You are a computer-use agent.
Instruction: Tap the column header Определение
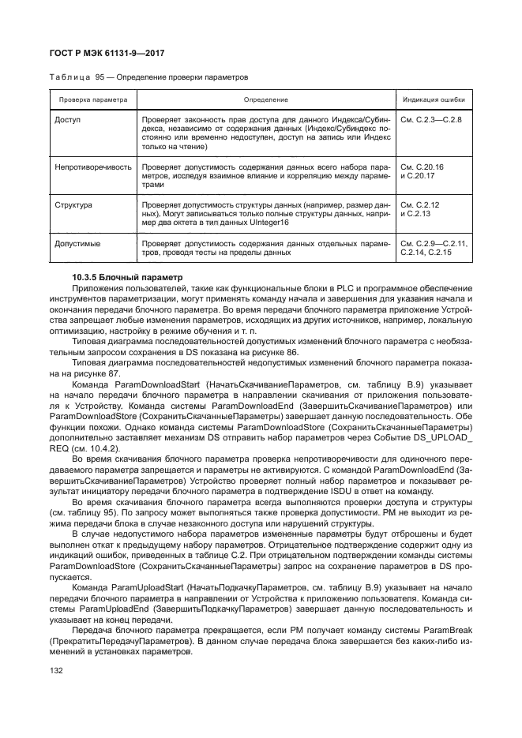coord(265,100)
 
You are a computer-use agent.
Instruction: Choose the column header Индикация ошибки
coord(434,100)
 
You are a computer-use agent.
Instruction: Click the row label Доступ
coord(68,119)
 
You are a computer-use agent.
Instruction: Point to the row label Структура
coord(74,205)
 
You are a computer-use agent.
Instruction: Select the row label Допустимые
coord(77,244)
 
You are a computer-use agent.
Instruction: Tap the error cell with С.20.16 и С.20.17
coord(422,172)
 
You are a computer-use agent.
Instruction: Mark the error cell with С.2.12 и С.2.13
coord(420,210)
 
